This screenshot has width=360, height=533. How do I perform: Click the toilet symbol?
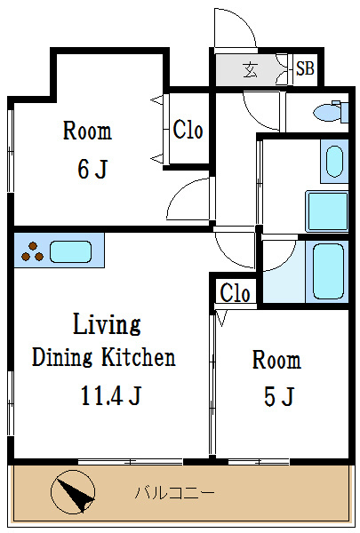pos(331,112)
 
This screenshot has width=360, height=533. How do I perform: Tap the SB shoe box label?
pos(305,68)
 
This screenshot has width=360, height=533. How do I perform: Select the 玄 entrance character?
pos(250,69)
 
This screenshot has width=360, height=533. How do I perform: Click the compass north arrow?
pos(73,492)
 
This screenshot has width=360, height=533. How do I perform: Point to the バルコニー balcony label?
pos(175,492)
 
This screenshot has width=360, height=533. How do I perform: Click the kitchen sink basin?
pos(71,251)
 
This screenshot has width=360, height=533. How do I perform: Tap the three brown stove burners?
pos(32,252)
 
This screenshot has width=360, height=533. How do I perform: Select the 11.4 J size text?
pos(111,395)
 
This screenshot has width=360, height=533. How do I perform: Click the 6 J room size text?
pos(92,169)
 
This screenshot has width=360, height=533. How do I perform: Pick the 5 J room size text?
pos(279,396)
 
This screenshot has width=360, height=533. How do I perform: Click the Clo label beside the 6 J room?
pos(188,130)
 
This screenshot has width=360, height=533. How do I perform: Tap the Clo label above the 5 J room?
pos(235,292)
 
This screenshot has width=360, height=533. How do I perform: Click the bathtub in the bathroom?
pos(328,271)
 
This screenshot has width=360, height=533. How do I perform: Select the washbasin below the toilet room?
pos(334,162)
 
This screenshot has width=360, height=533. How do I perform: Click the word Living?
pos(107,324)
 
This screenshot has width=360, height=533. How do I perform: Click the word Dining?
pos(62,358)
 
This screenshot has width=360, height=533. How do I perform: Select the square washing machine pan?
pos(327,211)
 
